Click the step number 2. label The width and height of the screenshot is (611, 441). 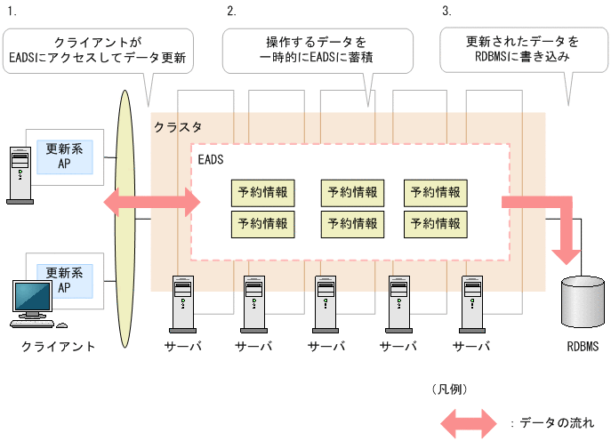231,12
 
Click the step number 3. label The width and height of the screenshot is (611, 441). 446,12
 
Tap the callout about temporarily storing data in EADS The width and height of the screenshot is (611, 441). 317,51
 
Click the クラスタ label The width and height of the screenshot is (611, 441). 178,127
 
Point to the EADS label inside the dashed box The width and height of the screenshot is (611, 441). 211,160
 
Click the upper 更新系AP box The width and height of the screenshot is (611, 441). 64,156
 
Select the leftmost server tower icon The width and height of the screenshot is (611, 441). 182,301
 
